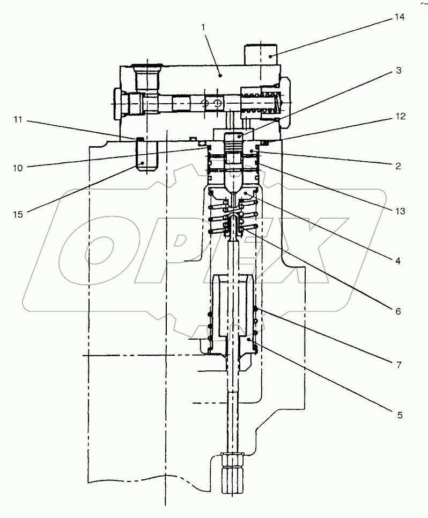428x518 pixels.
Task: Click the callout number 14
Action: tap(399, 17)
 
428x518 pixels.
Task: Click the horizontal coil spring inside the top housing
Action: tap(259, 102)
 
